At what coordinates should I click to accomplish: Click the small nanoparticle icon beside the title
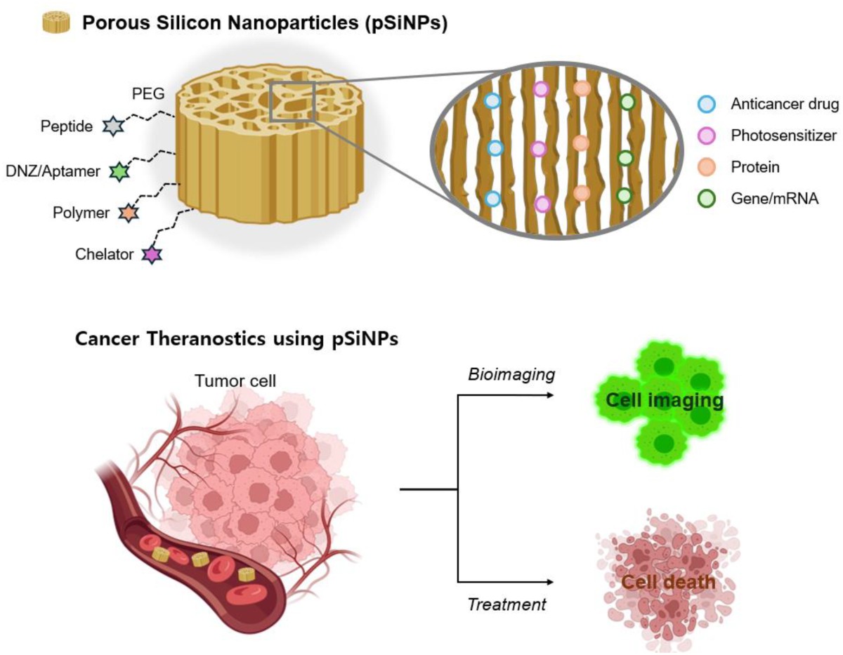(56, 22)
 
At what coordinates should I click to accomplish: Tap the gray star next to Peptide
(113, 126)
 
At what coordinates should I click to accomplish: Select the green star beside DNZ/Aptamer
(119, 172)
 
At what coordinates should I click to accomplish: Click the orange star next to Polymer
(129, 213)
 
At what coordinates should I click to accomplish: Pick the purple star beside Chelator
(152, 255)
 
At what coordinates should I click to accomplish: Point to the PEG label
(148, 94)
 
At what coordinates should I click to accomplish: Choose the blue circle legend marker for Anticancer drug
(707, 104)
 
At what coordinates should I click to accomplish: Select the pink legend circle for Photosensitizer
(707, 135)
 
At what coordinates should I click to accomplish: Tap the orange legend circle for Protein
(707, 167)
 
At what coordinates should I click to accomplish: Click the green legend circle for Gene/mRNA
(707, 199)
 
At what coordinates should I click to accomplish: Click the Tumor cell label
(235, 381)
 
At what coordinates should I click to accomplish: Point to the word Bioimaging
(511, 375)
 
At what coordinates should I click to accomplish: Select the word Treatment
(507, 604)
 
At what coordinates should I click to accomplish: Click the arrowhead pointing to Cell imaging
(550, 395)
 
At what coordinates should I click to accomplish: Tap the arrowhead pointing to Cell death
(550, 582)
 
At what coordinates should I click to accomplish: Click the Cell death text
(668, 582)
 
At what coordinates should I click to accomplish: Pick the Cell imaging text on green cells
(665, 400)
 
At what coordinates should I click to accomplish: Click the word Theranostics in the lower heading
(208, 338)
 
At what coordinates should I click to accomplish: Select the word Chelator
(105, 254)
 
